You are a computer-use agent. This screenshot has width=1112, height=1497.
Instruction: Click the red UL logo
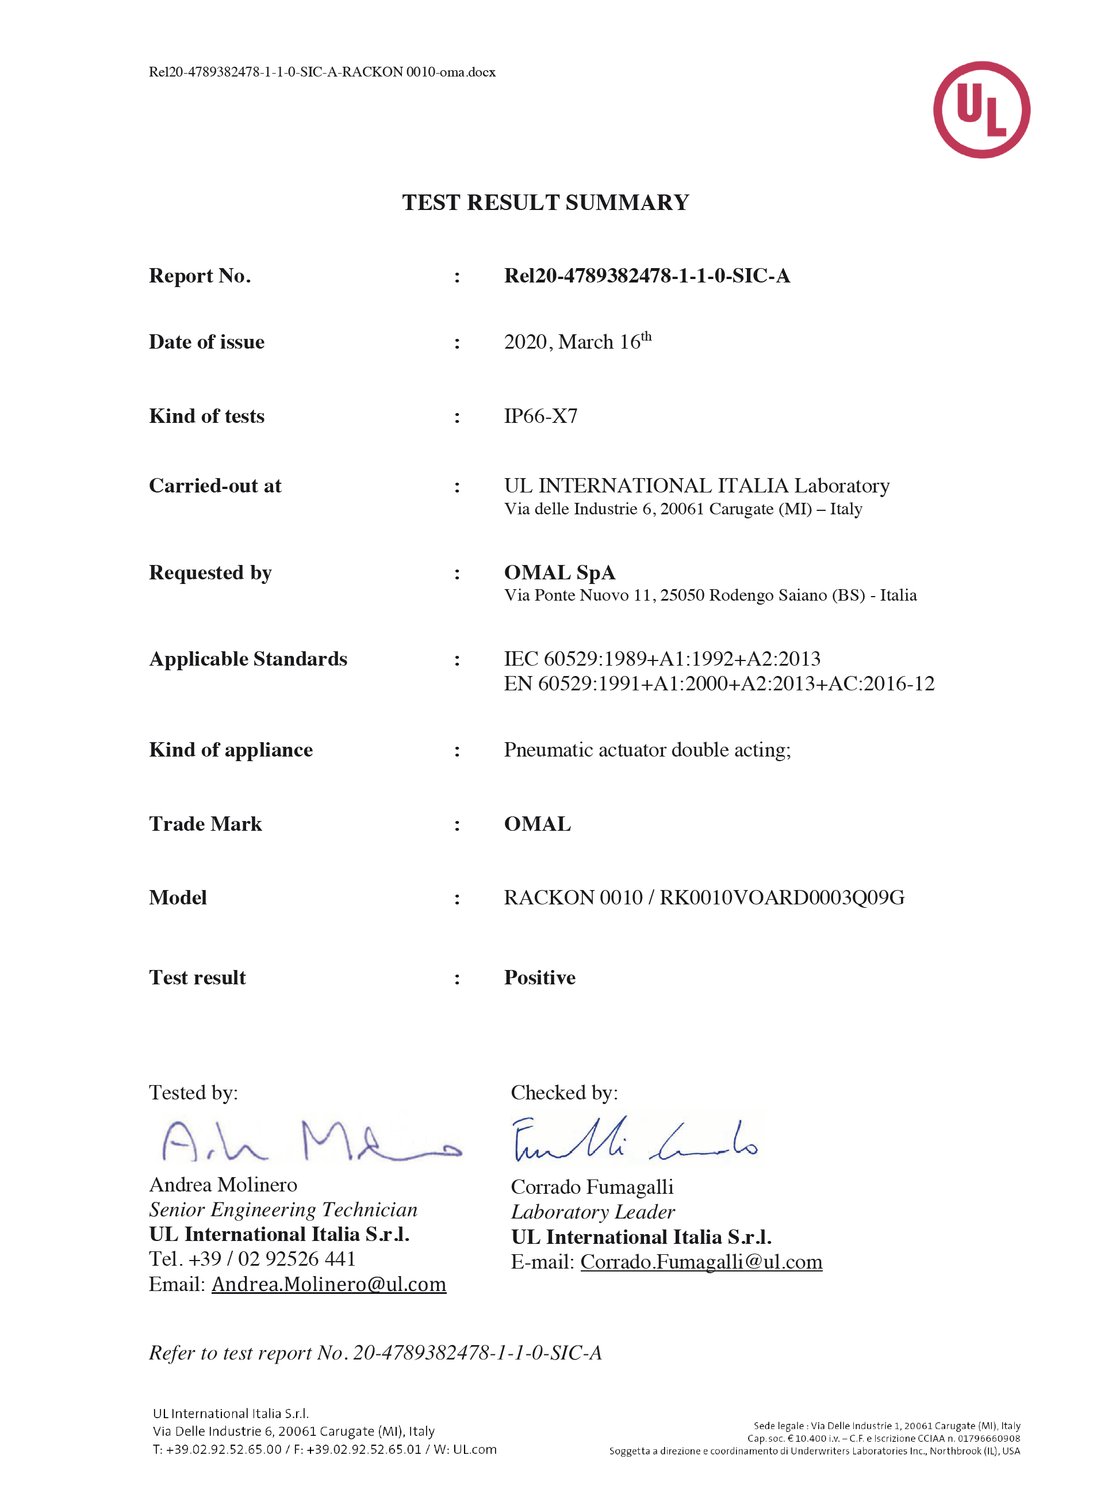coord(981,110)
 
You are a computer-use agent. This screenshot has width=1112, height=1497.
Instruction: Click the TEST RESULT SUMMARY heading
coord(545,203)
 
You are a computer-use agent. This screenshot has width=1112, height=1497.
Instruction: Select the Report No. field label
coord(200,276)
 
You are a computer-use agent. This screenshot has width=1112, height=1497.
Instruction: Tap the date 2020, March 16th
coord(577,341)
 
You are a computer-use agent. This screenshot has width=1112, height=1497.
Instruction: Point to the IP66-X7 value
coord(540,416)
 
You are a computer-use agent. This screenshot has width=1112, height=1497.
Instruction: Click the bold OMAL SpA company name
coord(559,572)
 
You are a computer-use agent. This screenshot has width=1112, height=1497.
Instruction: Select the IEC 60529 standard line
coord(662,659)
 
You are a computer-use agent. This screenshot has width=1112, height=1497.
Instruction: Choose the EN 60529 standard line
coord(719,683)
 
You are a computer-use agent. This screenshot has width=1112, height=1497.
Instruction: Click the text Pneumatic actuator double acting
coord(647,750)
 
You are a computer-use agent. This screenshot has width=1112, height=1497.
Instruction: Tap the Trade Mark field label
coord(205,824)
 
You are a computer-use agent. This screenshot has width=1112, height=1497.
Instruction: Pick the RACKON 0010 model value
coord(704,898)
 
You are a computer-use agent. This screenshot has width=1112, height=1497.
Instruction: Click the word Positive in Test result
coord(540,978)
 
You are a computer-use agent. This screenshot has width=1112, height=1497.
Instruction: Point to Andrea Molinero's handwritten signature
coord(310,1141)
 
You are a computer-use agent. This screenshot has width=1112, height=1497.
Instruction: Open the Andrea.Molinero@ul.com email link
coord(328,1285)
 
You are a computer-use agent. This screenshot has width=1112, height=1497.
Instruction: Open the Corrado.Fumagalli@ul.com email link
coord(701,1262)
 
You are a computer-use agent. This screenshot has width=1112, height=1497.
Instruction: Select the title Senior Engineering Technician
coord(283,1210)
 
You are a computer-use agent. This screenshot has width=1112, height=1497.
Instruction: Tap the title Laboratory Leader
coord(592,1212)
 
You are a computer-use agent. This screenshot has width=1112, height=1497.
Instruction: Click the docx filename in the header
coord(322,72)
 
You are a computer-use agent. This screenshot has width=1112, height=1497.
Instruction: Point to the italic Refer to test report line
coord(375,1353)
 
